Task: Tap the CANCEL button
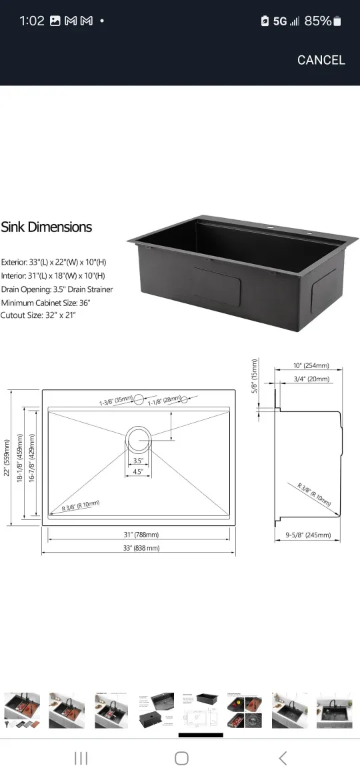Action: (321, 60)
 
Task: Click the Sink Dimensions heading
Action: (47, 227)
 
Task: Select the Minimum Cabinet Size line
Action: (45, 302)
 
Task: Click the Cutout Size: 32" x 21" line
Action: (39, 315)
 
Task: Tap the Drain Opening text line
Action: (57, 289)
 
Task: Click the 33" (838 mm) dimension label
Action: (139, 548)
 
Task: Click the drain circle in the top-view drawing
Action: (139, 437)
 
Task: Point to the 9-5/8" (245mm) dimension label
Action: (308, 534)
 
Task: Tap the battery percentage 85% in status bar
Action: (317, 21)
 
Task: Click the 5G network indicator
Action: (279, 21)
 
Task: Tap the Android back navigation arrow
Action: (283, 758)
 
